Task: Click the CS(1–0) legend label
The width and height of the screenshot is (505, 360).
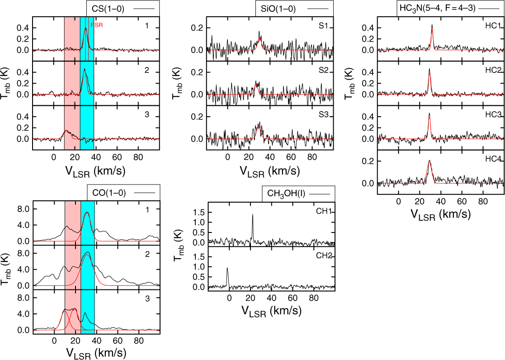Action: click(x=109, y=9)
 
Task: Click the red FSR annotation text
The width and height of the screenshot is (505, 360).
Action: click(x=96, y=26)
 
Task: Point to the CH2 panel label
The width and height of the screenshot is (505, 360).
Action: click(x=326, y=256)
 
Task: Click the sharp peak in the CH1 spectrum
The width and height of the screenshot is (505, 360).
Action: click(x=252, y=215)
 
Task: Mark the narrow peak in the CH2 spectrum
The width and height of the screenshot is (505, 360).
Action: click(x=227, y=269)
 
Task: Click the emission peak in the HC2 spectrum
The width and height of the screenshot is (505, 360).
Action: click(x=429, y=69)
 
